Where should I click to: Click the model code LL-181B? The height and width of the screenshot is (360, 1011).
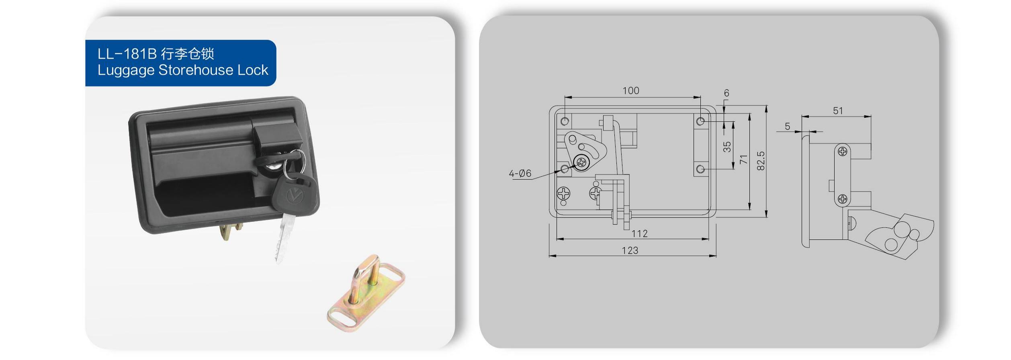tap(126, 54)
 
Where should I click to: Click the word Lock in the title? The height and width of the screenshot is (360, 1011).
tap(253, 70)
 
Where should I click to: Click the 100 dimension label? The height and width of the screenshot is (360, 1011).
tap(630, 91)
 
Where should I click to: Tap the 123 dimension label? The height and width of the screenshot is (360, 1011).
tap(630, 251)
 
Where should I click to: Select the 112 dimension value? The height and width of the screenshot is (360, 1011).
tap(639, 234)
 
